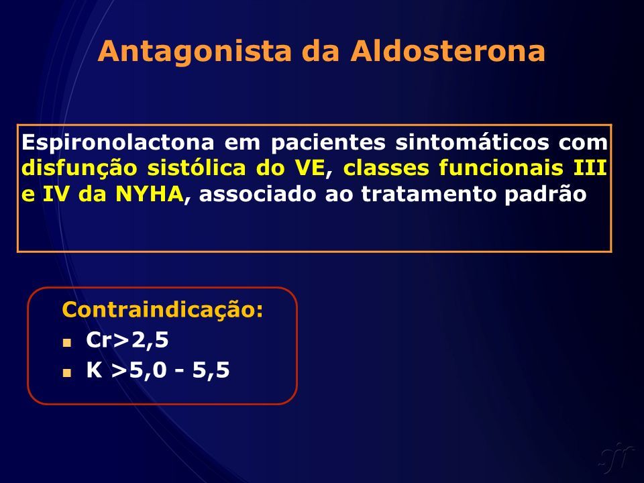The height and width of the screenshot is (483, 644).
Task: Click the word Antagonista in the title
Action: (195, 52)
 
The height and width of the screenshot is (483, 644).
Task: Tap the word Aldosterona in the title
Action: (447, 51)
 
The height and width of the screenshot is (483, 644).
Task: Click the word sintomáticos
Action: (472, 142)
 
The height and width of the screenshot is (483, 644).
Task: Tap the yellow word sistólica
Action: (197, 168)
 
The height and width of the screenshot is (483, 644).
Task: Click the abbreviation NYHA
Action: (150, 195)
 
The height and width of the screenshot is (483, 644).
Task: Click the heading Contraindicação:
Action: (162, 310)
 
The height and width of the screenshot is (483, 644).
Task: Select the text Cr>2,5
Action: (127, 340)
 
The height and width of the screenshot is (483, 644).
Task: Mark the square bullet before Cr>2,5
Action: (67, 343)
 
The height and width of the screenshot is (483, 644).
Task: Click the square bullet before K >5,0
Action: (67, 372)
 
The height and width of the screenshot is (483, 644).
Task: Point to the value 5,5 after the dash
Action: (211, 370)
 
